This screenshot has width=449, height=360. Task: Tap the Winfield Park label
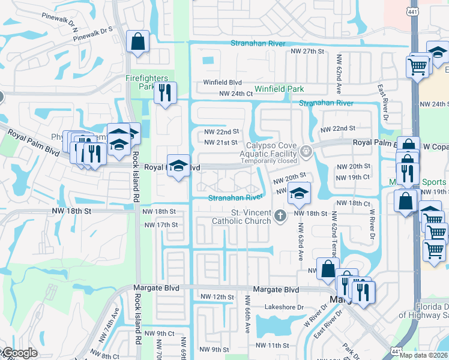(279, 89)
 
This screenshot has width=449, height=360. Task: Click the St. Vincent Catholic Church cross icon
(279, 215)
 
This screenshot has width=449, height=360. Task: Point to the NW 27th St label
(307, 52)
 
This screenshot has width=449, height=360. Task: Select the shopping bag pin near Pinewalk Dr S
(138, 42)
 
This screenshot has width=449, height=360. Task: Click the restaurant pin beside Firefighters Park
(165, 92)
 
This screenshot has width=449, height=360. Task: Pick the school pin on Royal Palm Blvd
(178, 166)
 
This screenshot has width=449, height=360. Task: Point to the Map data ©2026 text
(423, 355)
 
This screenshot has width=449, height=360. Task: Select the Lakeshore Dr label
(285, 307)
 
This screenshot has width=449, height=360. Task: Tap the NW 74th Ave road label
(113, 319)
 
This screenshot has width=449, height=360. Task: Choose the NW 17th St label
(161, 225)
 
